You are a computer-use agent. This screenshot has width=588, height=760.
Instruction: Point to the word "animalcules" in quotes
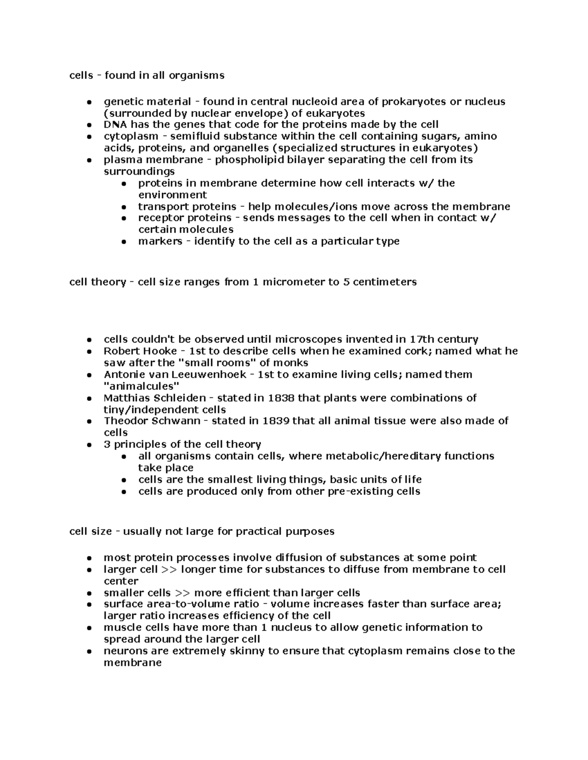click(x=139, y=386)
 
